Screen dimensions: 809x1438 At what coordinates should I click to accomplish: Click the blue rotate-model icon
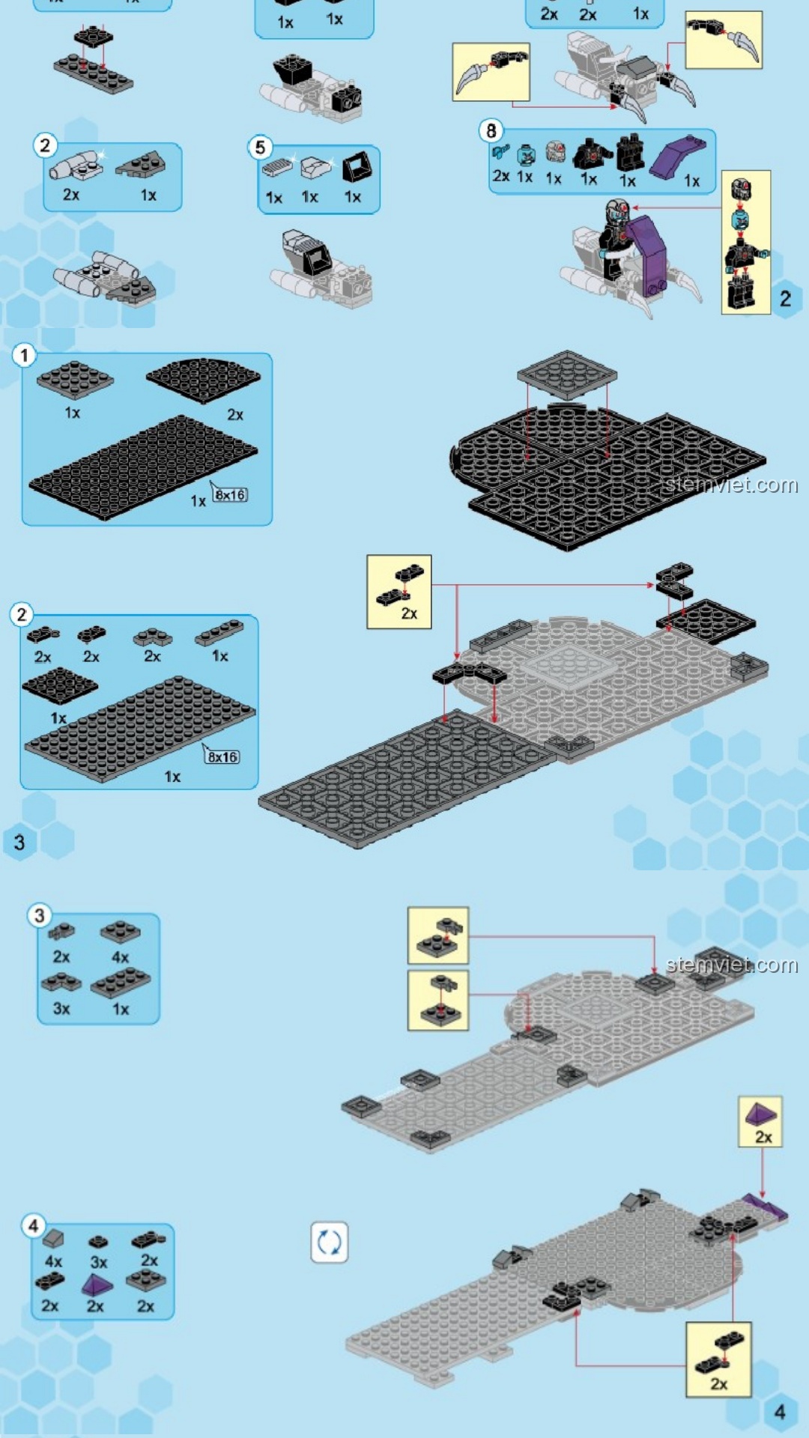330,1243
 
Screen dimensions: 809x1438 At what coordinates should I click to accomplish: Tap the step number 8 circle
491,131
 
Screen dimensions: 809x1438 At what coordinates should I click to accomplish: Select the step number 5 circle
260,148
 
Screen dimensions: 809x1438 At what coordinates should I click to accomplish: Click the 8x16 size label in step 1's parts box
229,495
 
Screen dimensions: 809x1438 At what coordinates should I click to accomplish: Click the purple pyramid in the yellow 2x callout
761,1114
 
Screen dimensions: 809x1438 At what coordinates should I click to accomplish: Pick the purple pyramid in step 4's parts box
97,1286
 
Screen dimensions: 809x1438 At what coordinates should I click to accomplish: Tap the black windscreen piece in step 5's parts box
357,168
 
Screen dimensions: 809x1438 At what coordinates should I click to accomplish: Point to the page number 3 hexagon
19,843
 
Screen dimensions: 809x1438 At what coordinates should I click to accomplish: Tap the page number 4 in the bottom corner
779,1413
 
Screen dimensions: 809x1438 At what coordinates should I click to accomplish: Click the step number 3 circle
40,915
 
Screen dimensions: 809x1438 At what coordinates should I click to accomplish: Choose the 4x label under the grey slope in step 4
53,1261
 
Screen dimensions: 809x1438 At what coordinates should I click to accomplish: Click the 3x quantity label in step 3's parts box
61,1009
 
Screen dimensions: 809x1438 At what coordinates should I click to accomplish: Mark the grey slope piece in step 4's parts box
53,1240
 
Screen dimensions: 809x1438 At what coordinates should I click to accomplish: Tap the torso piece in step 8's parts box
589,154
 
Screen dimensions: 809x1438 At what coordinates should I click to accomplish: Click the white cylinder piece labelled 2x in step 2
76,166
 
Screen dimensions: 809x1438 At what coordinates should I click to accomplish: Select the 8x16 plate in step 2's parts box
140,729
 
